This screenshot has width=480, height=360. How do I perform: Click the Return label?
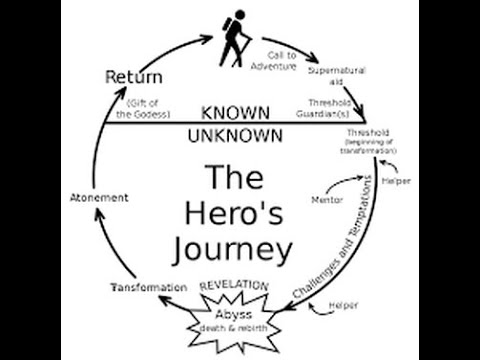(130, 76)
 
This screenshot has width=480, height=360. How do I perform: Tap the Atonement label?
(100, 198)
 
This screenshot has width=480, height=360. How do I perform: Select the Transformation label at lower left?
(148, 288)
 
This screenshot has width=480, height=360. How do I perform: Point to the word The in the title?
(237, 180)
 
